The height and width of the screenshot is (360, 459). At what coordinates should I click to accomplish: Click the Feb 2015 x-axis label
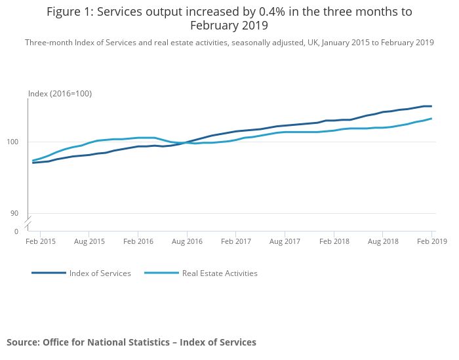(41, 242)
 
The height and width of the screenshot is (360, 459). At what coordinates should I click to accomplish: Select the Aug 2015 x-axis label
(89, 242)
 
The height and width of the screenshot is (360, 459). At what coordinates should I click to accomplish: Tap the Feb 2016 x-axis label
(138, 242)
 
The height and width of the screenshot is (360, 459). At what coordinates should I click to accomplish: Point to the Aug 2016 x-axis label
(187, 242)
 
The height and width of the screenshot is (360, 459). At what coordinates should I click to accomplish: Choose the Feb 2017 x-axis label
(236, 242)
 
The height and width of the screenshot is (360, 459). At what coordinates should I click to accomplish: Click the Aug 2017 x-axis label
(285, 242)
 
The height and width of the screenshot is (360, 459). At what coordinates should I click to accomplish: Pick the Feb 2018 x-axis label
(334, 242)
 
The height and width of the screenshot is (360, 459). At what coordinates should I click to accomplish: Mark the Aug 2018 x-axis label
(383, 242)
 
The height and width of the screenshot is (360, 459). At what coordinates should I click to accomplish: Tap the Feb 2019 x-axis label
(432, 242)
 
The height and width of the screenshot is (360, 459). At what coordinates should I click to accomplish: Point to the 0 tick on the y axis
(16, 231)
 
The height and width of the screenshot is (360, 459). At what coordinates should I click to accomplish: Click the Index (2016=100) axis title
(60, 94)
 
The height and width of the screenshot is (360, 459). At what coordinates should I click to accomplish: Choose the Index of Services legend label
(100, 273)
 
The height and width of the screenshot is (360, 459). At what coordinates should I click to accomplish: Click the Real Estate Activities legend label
(220, 273)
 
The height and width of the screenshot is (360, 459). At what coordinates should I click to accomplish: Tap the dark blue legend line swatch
(49, 273)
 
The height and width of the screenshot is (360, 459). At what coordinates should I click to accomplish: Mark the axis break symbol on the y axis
(28, 225)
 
